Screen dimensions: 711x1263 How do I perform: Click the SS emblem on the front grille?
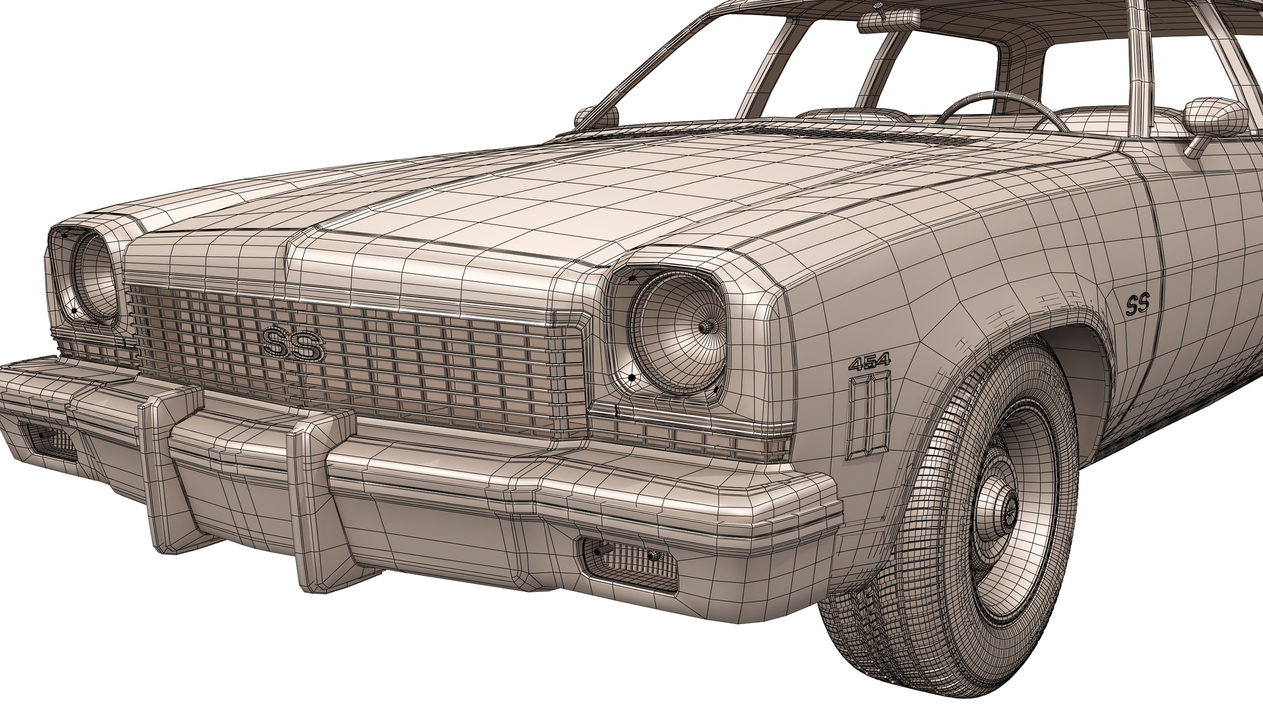[293, 344]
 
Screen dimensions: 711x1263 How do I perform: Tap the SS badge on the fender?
[1137, 305]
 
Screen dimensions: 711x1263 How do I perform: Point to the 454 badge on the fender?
[869, 361]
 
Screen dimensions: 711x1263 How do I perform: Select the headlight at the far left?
[93, 276]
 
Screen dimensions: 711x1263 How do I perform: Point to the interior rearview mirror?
[889, 20]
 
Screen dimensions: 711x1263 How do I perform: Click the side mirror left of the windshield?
[596, 117]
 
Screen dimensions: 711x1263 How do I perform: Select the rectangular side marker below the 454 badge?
[868, 415]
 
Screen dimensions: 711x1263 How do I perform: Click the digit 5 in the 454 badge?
[869, 361]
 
